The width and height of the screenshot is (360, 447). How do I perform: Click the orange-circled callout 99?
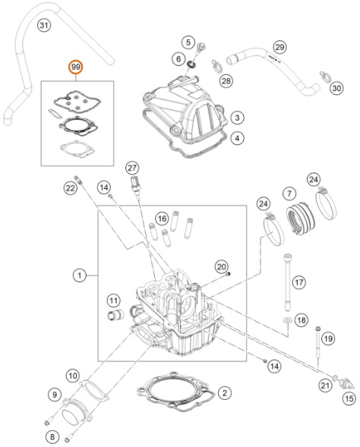click(76, 68)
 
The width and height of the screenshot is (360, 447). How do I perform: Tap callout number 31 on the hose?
click(43, 25)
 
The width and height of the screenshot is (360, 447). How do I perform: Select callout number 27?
click(132, 168)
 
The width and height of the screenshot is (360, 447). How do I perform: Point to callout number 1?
click(79, 275)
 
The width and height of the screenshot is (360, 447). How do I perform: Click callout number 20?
click(221, 267)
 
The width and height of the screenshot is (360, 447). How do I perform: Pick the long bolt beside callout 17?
click(287, 282)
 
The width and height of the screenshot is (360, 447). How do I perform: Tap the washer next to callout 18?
click(287, 320)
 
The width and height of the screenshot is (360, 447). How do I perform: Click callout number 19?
click(328, 338)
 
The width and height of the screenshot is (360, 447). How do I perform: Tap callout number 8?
click(52, 436)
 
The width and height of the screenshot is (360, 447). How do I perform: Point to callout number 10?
click(72, 376)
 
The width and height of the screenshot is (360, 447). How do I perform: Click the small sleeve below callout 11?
click(115, 314)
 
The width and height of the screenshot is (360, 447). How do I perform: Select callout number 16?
click(162, 219)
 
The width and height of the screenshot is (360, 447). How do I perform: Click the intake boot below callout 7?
click(301, 218)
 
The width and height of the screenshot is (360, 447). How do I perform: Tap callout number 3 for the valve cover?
click(237, 118)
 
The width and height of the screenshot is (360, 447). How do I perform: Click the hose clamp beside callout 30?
click(324, 75)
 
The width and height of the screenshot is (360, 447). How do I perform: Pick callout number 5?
click(188, 42)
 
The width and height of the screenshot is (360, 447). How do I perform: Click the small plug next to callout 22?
click(78, 180)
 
